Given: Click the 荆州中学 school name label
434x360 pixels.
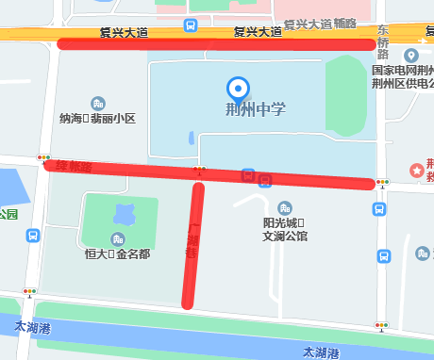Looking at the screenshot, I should pos(256,109).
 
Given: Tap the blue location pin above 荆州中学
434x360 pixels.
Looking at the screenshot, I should pos(239,89).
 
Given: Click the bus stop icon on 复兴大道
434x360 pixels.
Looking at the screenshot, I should pos(192,25).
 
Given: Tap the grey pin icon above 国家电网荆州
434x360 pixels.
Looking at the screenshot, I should pos(411,56).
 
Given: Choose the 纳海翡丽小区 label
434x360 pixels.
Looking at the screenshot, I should pos(97,119).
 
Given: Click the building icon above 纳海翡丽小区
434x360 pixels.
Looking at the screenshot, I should pos(97,103).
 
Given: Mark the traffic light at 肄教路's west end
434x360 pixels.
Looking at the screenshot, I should pos(43,158).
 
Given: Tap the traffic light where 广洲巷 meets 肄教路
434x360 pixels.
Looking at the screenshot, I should pos(199,170).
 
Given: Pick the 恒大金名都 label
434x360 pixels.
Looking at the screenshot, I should pos(117,254).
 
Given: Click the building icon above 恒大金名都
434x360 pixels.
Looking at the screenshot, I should pos(117,238).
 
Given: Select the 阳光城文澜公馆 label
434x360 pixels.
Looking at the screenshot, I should pos(285,230).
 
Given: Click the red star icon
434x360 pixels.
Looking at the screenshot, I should pos(415,170).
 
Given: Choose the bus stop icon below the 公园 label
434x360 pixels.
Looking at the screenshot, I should pos(32,236).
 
